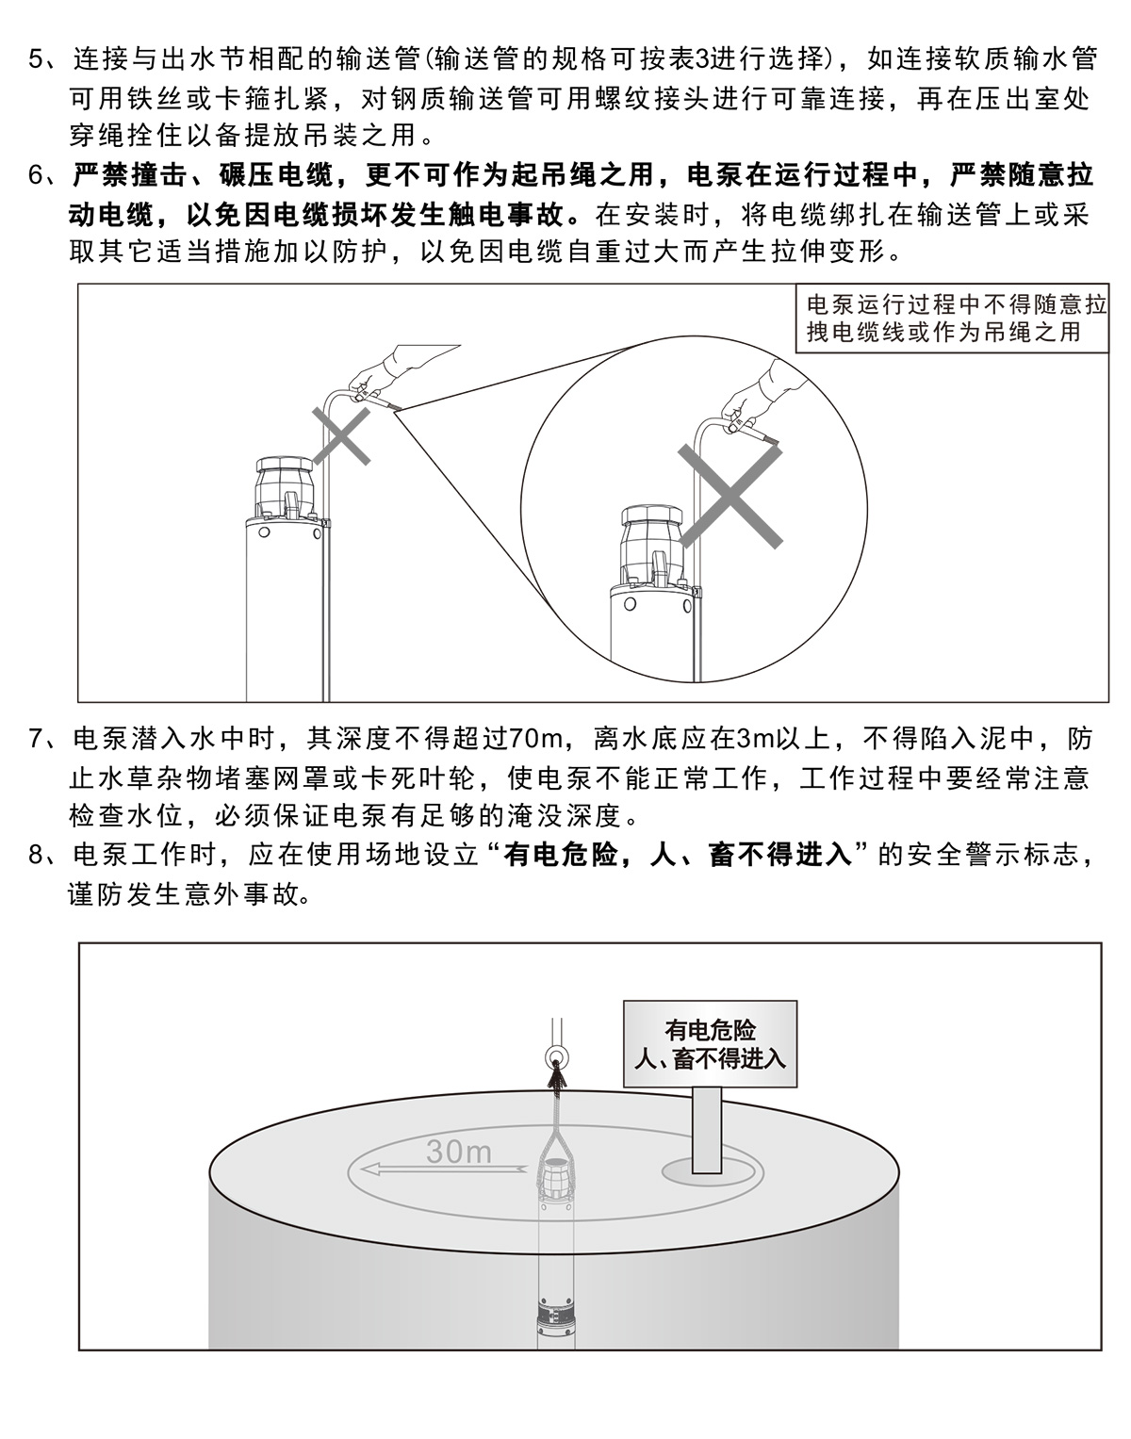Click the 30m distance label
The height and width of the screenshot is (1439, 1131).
click(458, 1153)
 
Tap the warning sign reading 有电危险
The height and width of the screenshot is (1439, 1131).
click(710, 1043)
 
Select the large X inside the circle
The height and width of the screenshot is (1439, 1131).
click(729, 496)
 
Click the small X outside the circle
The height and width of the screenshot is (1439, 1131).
click(341, 435)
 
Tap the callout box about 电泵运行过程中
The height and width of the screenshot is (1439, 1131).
click(952, 318)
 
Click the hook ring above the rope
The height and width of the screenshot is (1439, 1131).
click(555, 1055)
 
